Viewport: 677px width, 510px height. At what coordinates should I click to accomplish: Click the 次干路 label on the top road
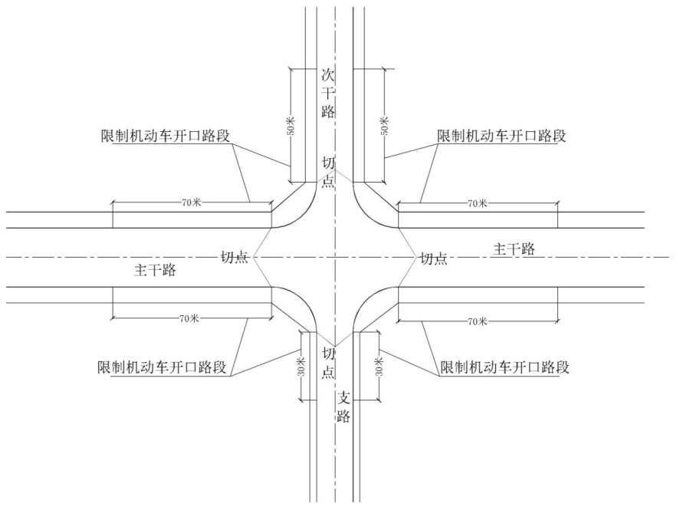tap(328, 94)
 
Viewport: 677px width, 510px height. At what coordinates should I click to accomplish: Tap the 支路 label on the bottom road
tap(343, 406)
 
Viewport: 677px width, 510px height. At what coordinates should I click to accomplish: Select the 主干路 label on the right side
tap(514, 249)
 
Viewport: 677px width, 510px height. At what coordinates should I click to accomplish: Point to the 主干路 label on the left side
tap(155, 270)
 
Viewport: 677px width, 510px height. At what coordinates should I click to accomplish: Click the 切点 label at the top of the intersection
tap(329, 172)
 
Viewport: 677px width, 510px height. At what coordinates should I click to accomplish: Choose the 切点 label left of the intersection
tap(235, 258)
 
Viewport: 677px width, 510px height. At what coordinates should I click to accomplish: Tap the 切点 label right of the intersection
tap(434, 258)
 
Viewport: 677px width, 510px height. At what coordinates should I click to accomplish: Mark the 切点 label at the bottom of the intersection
tap(329, 363)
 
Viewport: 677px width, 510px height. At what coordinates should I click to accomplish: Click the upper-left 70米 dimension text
tap(191, 202)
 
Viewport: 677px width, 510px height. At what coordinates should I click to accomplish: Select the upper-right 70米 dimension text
tap(477, 203)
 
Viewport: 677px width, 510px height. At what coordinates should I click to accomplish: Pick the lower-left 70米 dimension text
tap(189, 319)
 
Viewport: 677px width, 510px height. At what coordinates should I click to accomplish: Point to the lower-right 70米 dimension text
tap(478, 321)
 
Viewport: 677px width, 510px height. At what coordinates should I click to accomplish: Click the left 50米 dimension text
tap(291, 125)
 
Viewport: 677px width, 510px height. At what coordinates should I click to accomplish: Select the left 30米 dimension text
tap(301, 366)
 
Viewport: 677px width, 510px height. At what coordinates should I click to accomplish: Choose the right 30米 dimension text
tap(379, 366)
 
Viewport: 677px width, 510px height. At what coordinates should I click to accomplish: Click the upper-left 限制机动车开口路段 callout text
tap(165, 136)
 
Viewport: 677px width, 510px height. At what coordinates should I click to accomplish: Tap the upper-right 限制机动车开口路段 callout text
tap(501, 136)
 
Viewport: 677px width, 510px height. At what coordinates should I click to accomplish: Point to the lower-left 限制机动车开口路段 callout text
tap(163, 367)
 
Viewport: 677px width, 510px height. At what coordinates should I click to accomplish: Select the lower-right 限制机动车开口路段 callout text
tap(504, 367)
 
